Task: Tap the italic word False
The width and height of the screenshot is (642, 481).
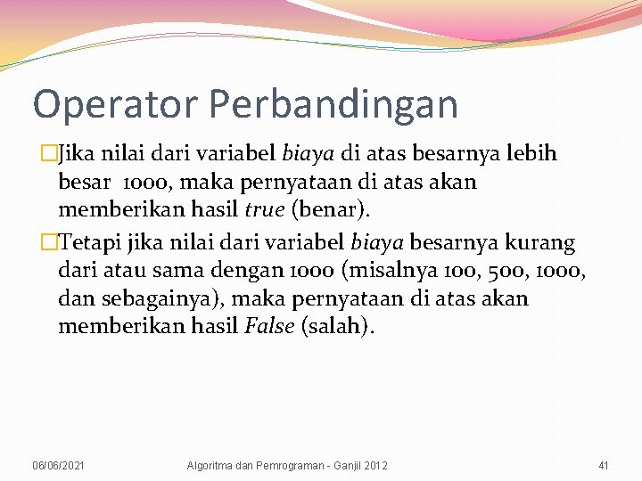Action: click(268, 326)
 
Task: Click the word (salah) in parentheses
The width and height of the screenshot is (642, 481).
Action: click(338, 326)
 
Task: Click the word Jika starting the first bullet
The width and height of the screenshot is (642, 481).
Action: click(77, 153)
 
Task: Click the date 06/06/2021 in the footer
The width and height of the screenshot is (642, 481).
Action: click(59, 466)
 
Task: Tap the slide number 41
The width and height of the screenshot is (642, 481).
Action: click(603, 466)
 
